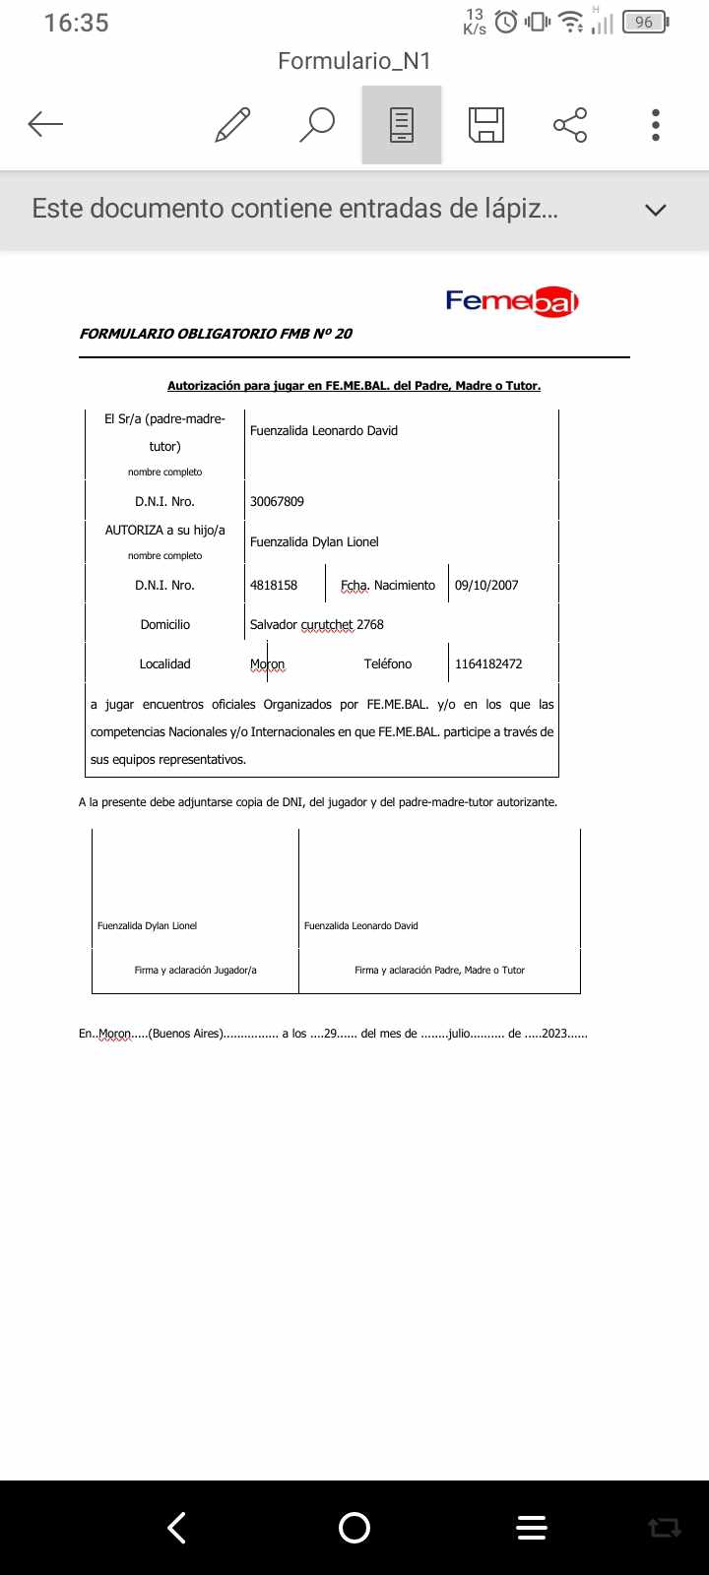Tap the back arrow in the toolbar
point(45,124)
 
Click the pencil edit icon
point(232,125)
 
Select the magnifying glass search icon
point(317,125)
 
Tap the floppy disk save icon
point(486,125)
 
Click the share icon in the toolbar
point(570,125)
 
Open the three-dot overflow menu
point(656,125)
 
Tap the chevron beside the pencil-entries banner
point(655,210)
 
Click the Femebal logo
point(512,301)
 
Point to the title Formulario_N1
point(354,61)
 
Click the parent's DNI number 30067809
point(277,501)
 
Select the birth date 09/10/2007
point(486,585)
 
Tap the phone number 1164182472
point(488,663)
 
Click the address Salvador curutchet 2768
point(317,624)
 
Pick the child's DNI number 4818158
point(274,585)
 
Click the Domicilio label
point(165,624)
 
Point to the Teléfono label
point(388,663)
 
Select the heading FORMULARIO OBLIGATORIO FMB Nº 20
point(216,334)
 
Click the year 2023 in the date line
point(554,1034)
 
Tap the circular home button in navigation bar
point(354,1527)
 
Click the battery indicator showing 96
point(645,22)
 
